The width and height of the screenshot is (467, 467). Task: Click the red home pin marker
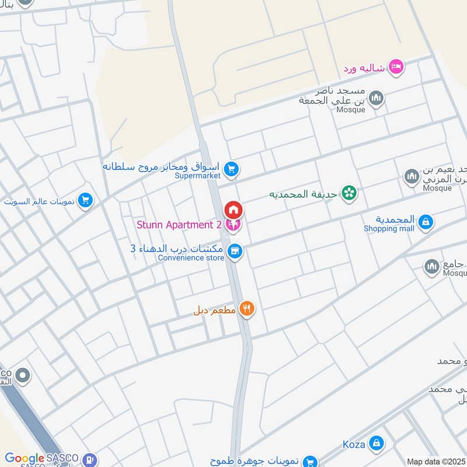point(233,210)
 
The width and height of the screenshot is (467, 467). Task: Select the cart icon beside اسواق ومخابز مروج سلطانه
point(232,169)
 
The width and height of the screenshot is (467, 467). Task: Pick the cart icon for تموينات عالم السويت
point(86,201)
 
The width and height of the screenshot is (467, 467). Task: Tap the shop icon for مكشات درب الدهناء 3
point(235,251)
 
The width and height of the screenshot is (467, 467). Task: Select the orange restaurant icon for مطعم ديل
point(247,309)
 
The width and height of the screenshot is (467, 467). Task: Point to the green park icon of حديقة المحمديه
point(349,193)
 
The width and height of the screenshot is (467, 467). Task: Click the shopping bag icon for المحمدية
point(426,221)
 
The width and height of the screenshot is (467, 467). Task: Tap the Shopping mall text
point(389,228)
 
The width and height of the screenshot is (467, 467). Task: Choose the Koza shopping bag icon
point(377,443)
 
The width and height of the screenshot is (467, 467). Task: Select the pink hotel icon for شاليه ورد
point(396,67)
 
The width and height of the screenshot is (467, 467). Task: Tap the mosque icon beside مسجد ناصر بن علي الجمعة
point(377,97)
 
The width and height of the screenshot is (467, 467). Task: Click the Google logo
point(25,459)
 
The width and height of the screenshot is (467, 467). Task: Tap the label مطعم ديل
point(214,310)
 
